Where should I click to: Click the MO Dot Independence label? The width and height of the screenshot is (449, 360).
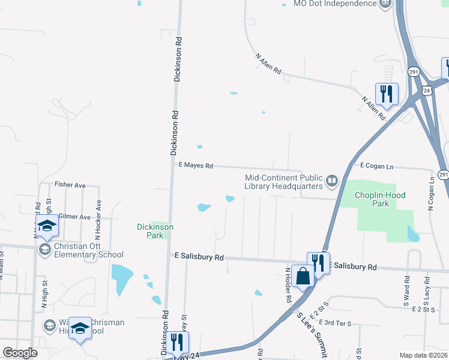click(334, 4)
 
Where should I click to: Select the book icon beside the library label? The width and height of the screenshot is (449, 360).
click(331, 180)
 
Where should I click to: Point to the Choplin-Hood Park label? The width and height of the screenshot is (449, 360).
click(381, 199)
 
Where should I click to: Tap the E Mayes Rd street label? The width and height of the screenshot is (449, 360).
click(196, 165)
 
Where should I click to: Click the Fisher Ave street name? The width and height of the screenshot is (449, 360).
click(70, 185)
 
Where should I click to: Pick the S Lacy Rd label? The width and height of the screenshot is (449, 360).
click(427, 289)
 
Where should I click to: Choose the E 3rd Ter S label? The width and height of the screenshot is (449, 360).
click(336, 323)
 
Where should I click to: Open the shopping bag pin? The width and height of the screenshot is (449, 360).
click(304, 276)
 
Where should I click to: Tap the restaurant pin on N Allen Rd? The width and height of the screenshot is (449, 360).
click(387, 94)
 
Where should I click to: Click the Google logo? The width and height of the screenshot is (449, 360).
click(20, 353)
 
